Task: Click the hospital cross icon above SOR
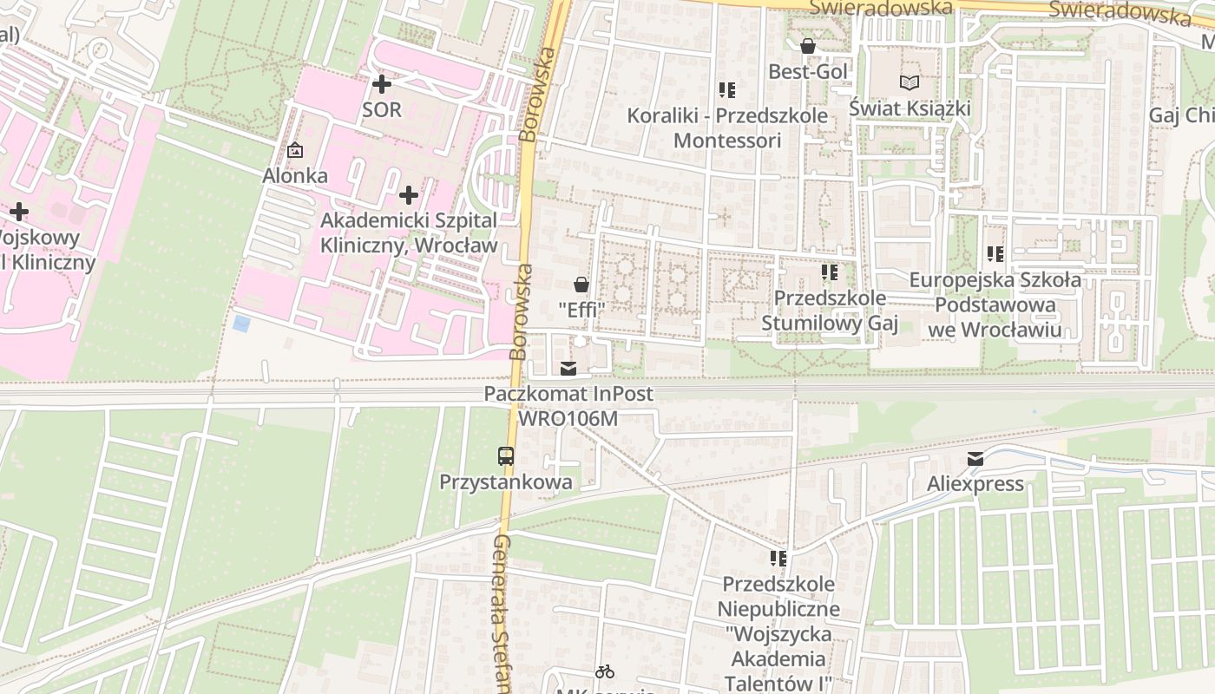[x=381, y=84]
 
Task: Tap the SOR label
[x=382, y=109]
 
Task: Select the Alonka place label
[x=295, y=176]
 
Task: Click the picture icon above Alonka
[x=295, y=150]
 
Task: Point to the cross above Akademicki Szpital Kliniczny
[x=408, y=194]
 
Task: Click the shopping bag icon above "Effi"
[x=581, y=285]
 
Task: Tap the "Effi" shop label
[x=581, y=309]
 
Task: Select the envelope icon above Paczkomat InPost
[x=568, y=369]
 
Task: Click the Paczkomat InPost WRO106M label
[x=568, y=406]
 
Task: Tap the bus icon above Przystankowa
[x=505, y=455]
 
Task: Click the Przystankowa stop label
[x=506, y=482]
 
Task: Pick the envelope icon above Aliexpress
[x=975, y=459]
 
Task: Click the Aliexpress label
[x=975, y=484]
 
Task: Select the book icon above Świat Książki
[x=909, y=83]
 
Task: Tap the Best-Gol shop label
[x=807, y=71]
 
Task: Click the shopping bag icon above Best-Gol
[x=807, y=46]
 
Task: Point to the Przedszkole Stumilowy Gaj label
[x=830, y=311]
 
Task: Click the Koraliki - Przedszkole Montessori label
[x=727, y=128]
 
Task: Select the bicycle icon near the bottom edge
[x=605, y=671]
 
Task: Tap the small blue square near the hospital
[x=241, y=324]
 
